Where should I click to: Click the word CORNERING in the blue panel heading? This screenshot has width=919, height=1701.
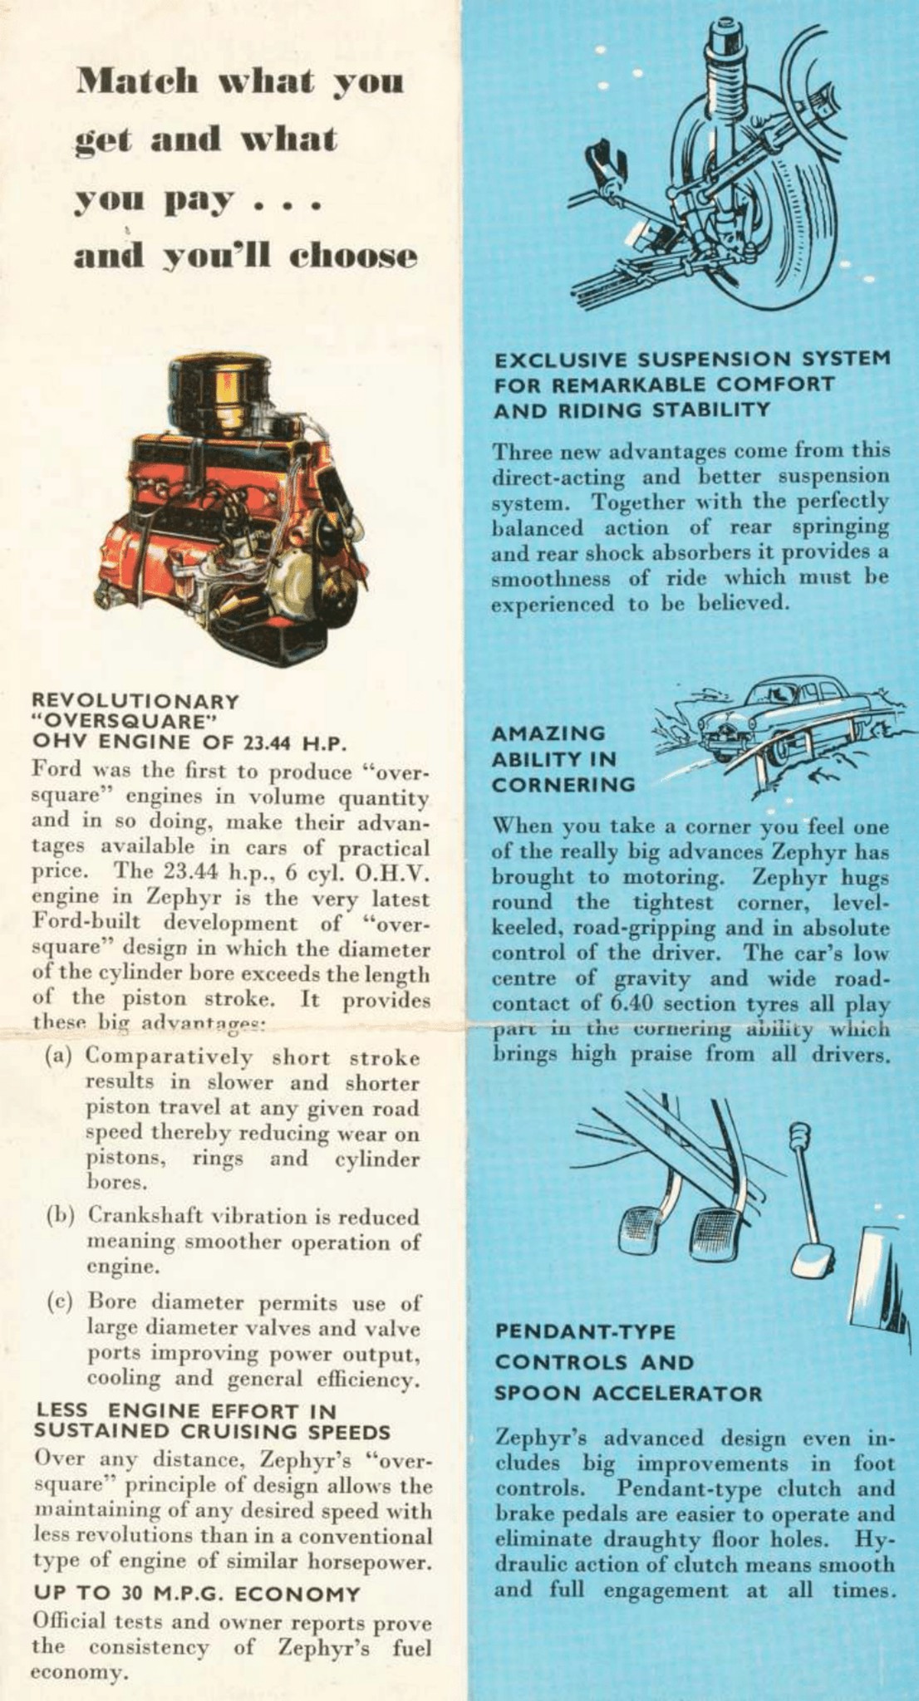pos(563,784)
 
